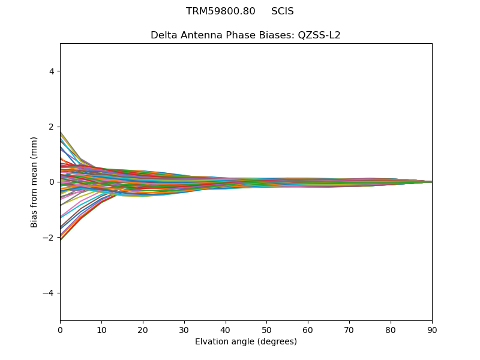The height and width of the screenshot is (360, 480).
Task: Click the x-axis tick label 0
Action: pyautogui.click(x=60, y=329)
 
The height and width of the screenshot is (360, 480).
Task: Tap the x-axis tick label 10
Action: pyautogui.click(x=101, y=329)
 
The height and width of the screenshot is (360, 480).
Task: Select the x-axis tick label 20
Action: pyautogui.click(x=143, y=329)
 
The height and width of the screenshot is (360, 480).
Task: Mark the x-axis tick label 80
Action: pyautogui.click(x=391, y=329)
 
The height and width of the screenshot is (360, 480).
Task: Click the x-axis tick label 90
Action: pyautogui.click(x=432, y=329)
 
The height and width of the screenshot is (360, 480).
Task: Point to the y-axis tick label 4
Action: pyautogui.click(x=51, y=71)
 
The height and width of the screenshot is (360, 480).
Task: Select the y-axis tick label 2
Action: pyautogui.click(x=51, y=127)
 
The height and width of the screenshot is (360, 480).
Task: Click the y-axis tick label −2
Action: pyautogui.click(x=49, y=238)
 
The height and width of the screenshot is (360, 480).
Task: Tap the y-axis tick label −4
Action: pyautogui.click(x=49, y=293)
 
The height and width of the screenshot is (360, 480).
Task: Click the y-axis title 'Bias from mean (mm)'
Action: pyautogui.click(x=34, y=182)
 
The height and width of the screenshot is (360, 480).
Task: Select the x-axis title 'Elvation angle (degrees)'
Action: pyautogui.click(x=246, y=342)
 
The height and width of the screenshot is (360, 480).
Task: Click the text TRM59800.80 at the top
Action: pyautogui.click(x=221, y=11)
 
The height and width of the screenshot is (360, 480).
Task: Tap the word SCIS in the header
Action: pyautogui.click(x=283, y=11)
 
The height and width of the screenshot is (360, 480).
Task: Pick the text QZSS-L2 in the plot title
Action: pyautogui.click(x=319, y=35)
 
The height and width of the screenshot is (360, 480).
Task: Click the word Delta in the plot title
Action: pyautogui.click(x=163, y=35)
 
